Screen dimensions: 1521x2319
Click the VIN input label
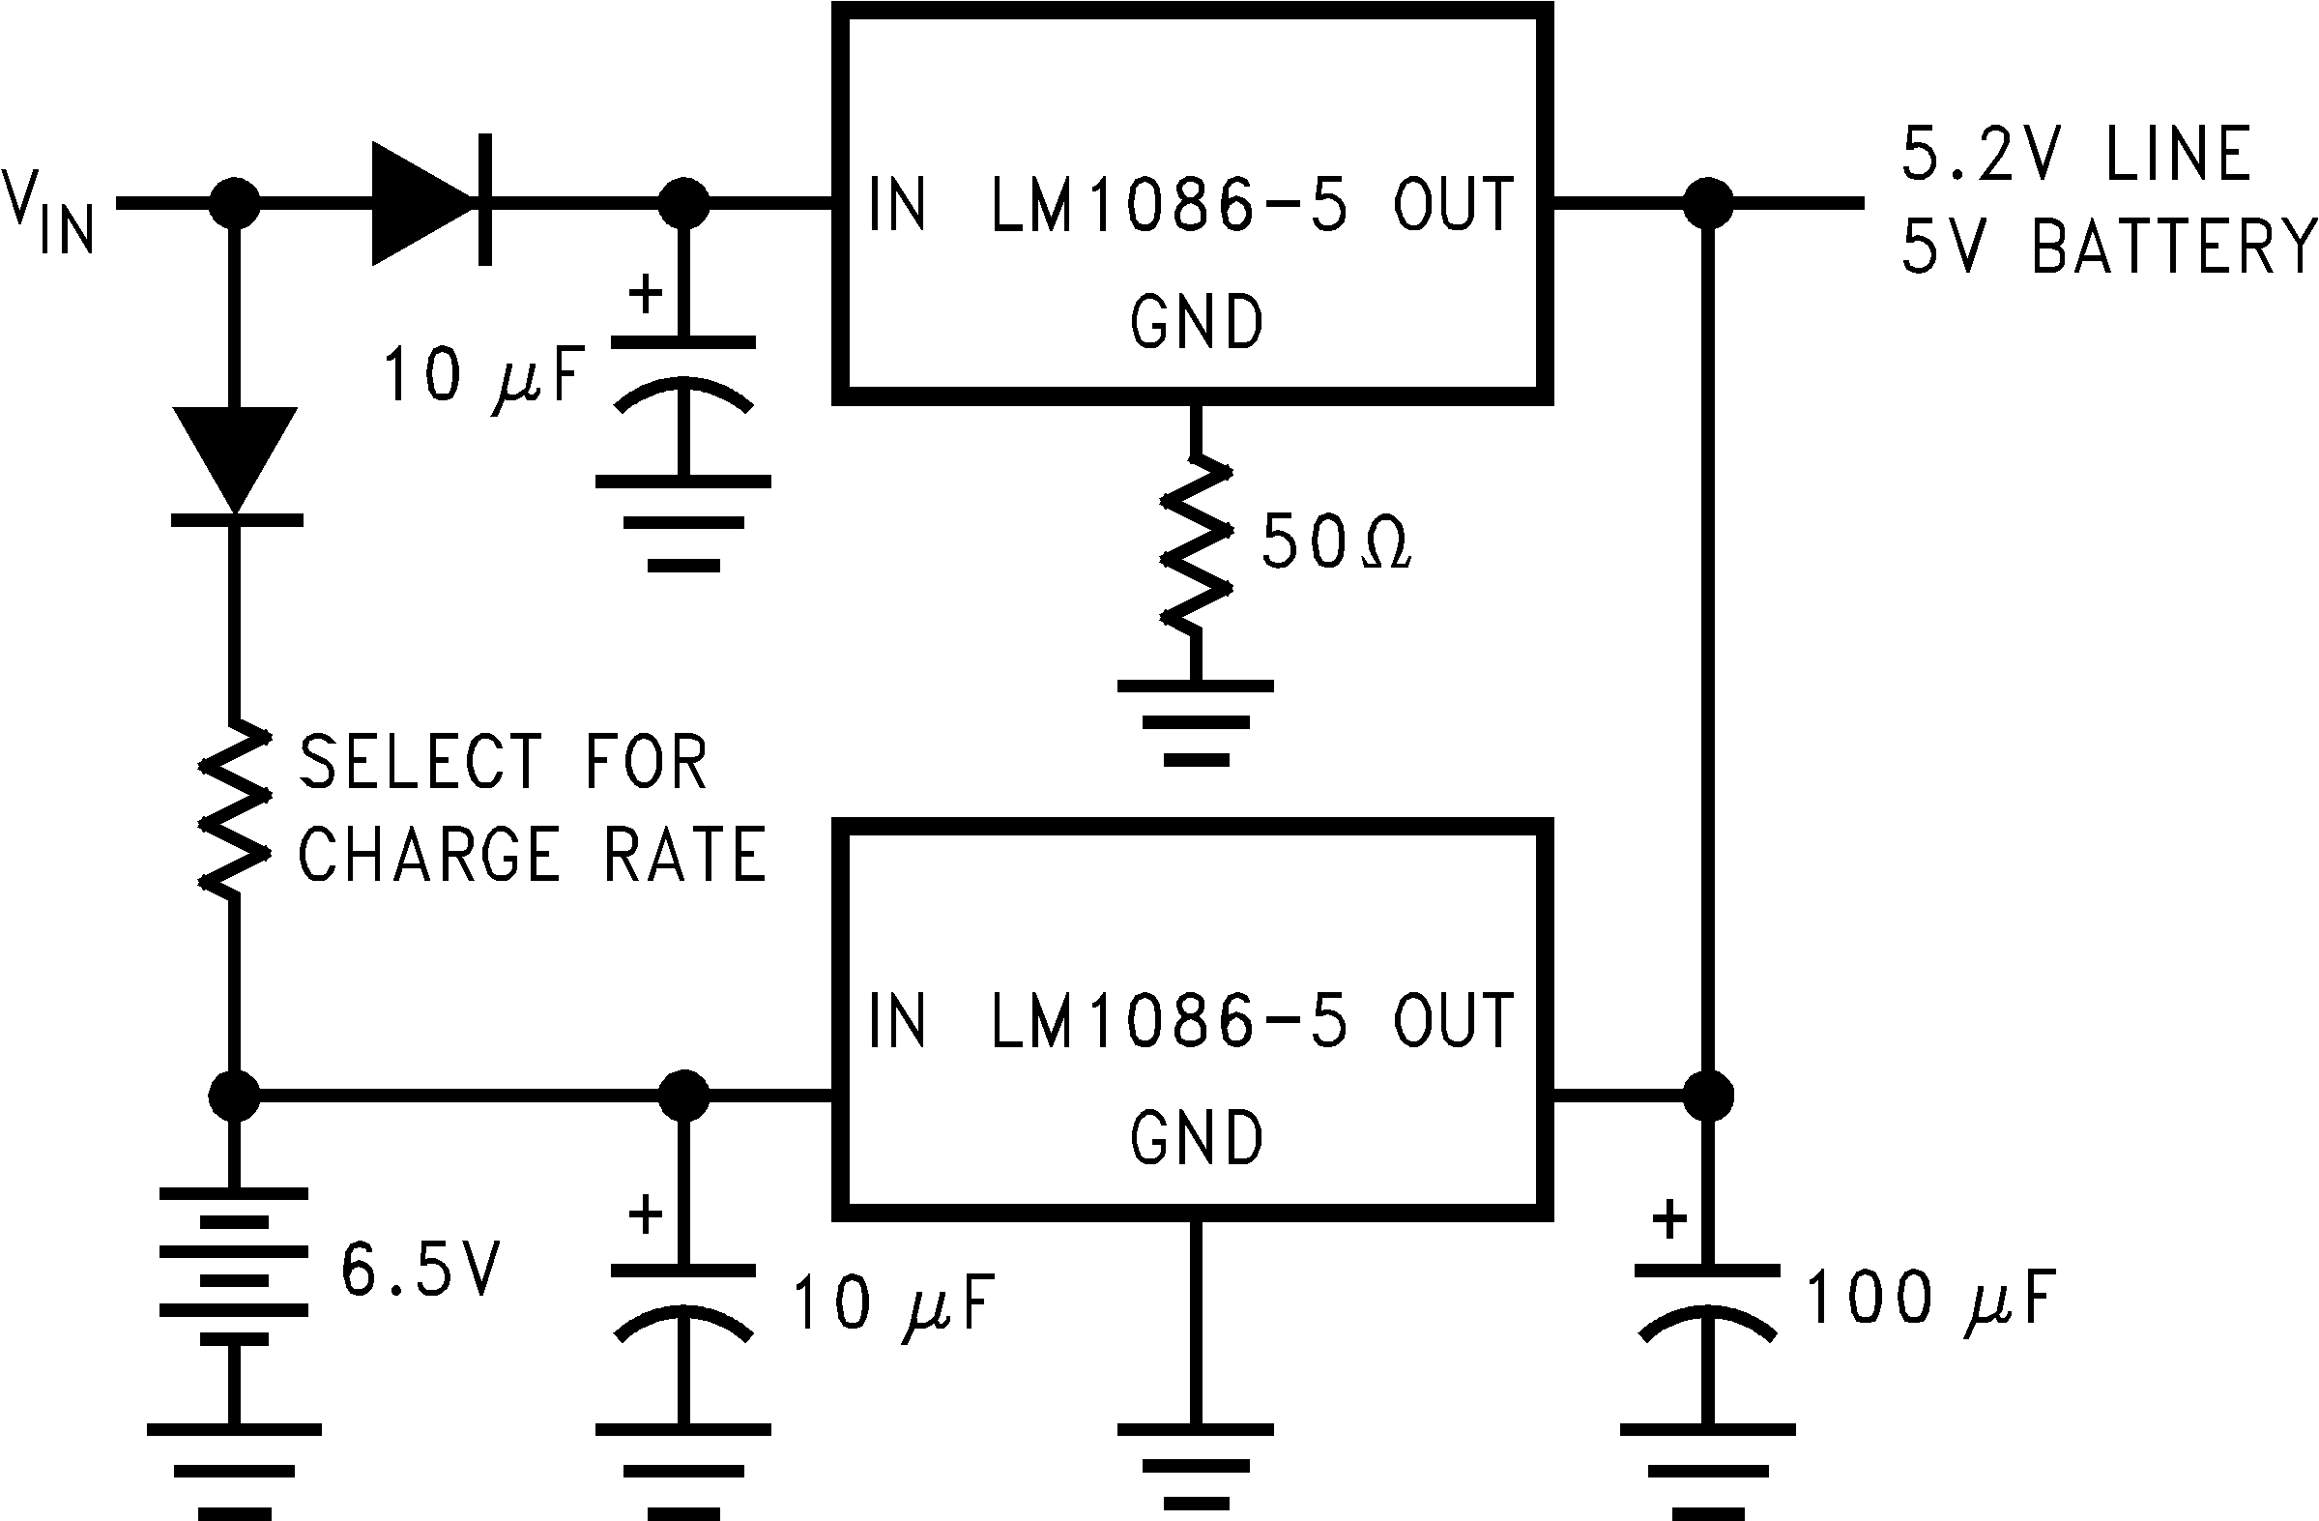(x=48, y=211)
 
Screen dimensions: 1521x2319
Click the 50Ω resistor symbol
(x=1196, y=545)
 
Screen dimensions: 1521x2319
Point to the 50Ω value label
(x=1335, y=541)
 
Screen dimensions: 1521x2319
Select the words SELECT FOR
(x=502, y=763)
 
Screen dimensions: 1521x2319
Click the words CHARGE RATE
(x=531, y=855)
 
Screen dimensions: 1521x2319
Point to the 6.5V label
(x=420, y=1270)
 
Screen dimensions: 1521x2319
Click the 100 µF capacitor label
(x=1929, y=1299)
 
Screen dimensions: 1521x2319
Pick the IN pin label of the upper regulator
(x=896, y=205)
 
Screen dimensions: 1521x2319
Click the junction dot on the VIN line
(x=235, y=203)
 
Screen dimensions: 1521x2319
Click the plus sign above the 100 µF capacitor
(x=1669, y=1220)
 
